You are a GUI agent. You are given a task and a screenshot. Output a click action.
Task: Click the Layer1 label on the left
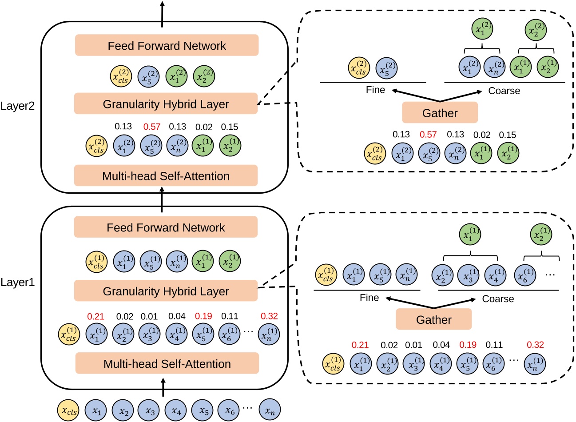click(18, 282)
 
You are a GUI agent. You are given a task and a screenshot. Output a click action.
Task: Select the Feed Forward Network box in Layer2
click(167, 45)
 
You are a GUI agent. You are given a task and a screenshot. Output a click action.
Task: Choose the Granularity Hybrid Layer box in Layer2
click(166, 104)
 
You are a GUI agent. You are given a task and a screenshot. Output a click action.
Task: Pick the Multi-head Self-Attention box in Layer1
click(167, 363)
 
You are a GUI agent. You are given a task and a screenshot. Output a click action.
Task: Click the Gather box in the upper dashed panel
click(440, 112)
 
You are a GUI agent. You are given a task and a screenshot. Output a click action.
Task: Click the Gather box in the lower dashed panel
click(433, 320)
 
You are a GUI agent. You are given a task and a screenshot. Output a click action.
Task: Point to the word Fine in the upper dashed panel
click(375, 90)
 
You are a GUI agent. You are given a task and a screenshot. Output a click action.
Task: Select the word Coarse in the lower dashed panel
click(498, 299)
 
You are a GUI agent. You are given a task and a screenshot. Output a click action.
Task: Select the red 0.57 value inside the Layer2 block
click(152, 127)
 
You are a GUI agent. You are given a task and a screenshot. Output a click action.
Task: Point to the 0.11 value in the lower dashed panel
click(494, 345)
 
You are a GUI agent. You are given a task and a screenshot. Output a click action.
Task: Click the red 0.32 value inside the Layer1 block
click(269, 316)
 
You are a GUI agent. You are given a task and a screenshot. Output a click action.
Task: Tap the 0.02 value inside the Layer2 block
click(204, 127)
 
